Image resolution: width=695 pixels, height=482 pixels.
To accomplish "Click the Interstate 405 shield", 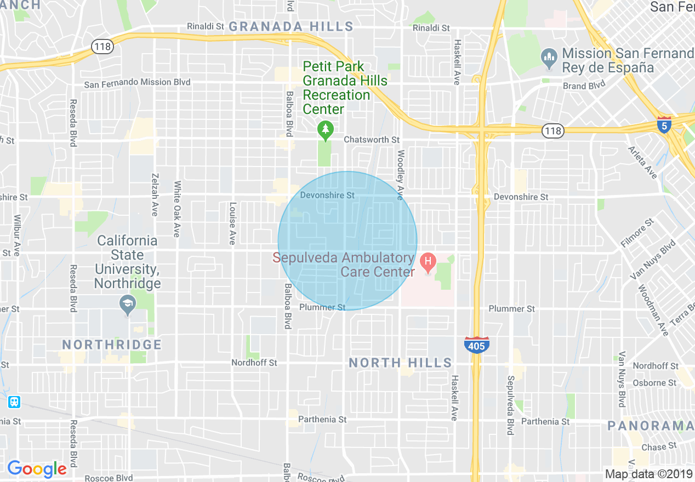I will (x=476, y=345).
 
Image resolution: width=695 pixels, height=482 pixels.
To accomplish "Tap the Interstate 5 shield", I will (x=664, y=124).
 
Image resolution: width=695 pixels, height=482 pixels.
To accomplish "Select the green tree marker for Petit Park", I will (x=326, y=130).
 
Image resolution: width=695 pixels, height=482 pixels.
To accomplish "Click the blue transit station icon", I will (x=14, y=402).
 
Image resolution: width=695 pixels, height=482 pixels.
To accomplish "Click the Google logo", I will (x=37, y=469).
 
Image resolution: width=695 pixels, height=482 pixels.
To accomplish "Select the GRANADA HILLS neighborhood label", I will (x=291, y=26).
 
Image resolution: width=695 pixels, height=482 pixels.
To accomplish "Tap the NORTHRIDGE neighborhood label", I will (x=112, y=345).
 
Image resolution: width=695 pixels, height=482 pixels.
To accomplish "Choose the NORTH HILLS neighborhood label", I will (x=401, y=363).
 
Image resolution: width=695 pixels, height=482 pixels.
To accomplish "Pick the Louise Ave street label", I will (x=232, y=223).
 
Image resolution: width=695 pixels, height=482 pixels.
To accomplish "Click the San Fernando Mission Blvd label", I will (x=137, y=83).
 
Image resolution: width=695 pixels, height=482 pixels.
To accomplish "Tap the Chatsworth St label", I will (x=372, y=140).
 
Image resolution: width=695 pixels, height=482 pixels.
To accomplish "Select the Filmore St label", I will (x=637, y=233).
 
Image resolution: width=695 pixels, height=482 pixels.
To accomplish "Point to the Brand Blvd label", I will (x=584, y=85).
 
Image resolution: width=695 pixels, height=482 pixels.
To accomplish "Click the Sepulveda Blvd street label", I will (x=510, y=405).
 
